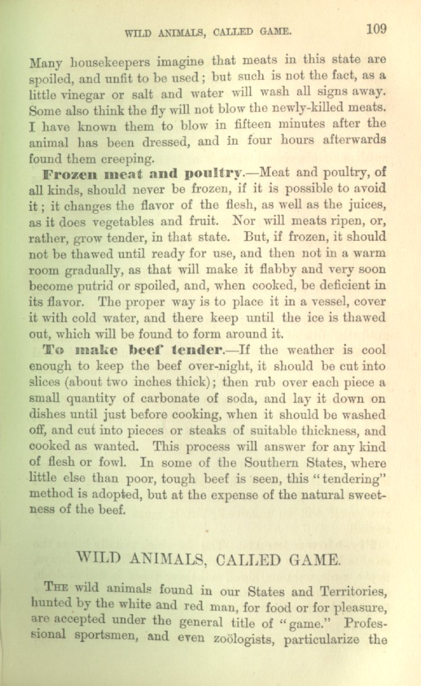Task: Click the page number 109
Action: click(x=376, y=29)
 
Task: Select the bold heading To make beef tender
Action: click(x=132, y=349)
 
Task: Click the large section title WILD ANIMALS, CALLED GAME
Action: click(x=208, y=559)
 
